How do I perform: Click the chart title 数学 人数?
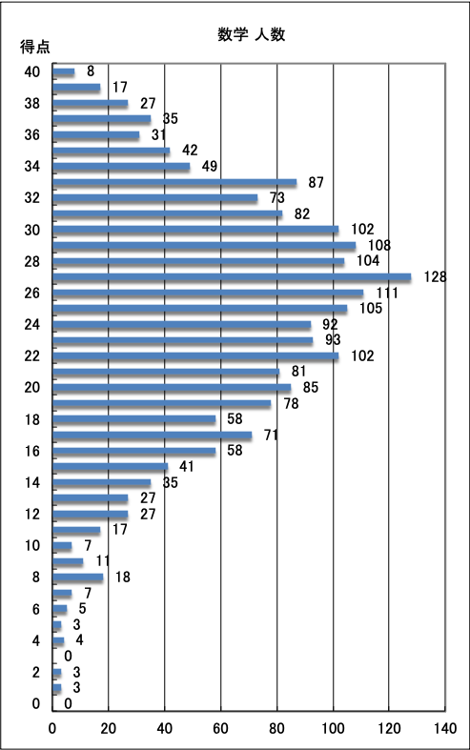pyautogui.click(x=252, y=34)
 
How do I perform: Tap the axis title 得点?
pyautogui.click(x=35, y=47)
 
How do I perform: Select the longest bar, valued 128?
pyautogui.click(x=232, y=277)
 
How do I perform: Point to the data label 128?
pyautogui.click(x=435, y=276)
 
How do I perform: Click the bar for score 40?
pyautogui.click(x=64, y=71)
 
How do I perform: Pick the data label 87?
pyautogui.click(x=316, y=182)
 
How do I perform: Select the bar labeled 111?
pyautogui.click(x=208, y=293)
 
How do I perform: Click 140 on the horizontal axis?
pyautogui.click(x=445, y=728)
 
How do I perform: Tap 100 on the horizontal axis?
pyautogui.click(x=333, y=728)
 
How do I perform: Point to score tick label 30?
pyautogui.click(x=32, y=230)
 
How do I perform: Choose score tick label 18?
pyautogui.click(x=32, y=419)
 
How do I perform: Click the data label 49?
pyautogui.click(x=209, y=166)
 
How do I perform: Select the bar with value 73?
pyautogui.click(x=155, y=198)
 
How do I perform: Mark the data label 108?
pyautogui.click(x=379, y=245)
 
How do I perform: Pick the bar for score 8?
pyautogui.click(x=78, y=578)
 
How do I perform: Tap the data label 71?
pyautogui.click(x=271, y=435)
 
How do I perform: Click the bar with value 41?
pyautogui.click(x=110, y=466)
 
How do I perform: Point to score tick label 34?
pyautogui.click(x=32, y=167)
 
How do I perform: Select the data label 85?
pyautogui.click(x=311, y=387)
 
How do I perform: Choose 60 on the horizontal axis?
pyautogui.click(x=220, y=728)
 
